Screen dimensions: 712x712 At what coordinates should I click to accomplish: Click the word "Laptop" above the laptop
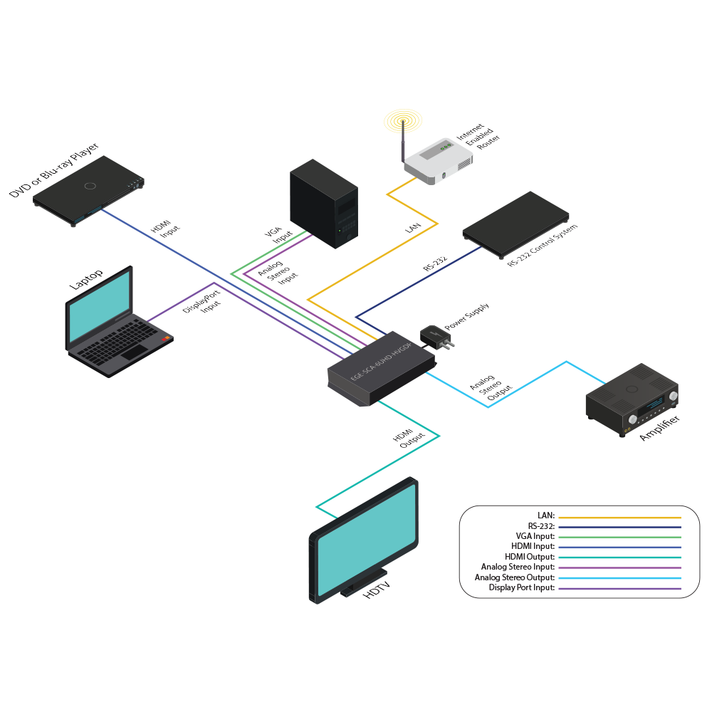coord(85,278)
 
